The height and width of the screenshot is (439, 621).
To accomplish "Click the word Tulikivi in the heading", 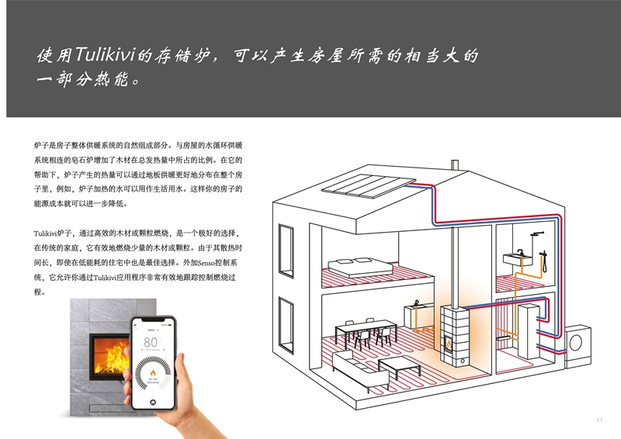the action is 105,54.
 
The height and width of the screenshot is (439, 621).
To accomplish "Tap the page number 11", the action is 599,420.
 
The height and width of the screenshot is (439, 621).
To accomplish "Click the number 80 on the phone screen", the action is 151,342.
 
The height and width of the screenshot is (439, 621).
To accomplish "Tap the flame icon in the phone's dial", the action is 153,373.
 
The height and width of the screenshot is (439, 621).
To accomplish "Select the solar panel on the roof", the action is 368,185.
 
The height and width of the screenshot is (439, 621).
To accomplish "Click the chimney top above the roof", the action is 455,164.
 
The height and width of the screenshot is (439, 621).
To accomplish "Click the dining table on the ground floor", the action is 366,333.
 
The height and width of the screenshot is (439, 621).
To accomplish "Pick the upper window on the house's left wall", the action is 286,251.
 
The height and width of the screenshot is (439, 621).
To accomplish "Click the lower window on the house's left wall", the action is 286,325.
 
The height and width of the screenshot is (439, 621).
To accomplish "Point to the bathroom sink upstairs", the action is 517,259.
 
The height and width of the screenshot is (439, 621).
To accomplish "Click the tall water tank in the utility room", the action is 529,331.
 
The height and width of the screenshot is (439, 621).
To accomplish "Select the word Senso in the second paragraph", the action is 206,263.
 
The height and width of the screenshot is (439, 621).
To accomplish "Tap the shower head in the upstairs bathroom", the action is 536,234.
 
